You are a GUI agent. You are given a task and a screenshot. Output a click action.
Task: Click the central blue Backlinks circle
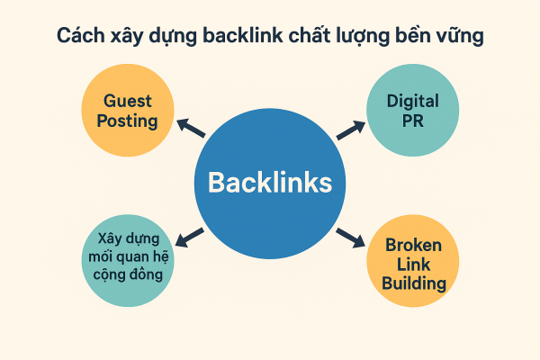pos(270,183)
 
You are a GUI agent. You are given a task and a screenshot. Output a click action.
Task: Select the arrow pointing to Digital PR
pos(349,129)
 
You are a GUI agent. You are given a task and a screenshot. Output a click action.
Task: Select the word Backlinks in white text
pos(270,183)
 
